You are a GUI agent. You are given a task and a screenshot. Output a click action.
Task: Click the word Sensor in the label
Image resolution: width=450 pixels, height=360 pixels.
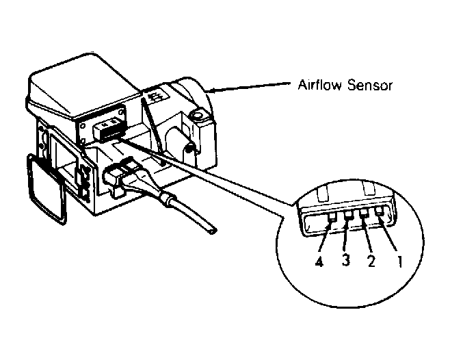(369, 86)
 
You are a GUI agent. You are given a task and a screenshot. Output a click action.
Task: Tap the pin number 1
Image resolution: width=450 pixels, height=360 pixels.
(399, 261)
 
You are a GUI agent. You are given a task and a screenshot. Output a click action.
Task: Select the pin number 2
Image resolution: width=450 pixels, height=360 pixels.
(371, 261)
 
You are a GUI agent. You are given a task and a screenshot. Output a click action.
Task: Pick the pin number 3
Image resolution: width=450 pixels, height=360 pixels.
(346, 260)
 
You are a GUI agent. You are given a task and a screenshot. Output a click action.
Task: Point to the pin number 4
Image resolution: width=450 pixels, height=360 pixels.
(319, 261)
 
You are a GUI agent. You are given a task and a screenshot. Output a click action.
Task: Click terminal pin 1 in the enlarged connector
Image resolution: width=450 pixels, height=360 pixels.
(380, 211)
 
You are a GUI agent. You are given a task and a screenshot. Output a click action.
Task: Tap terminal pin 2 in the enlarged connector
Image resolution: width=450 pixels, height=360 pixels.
(365, 214)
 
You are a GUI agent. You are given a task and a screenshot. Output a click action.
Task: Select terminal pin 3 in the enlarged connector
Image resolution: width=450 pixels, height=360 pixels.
(349, 215)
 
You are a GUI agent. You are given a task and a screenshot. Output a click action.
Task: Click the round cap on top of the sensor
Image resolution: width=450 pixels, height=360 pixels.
(198, 115)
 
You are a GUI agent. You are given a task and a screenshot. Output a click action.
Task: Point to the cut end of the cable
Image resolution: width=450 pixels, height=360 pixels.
(213, 229)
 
